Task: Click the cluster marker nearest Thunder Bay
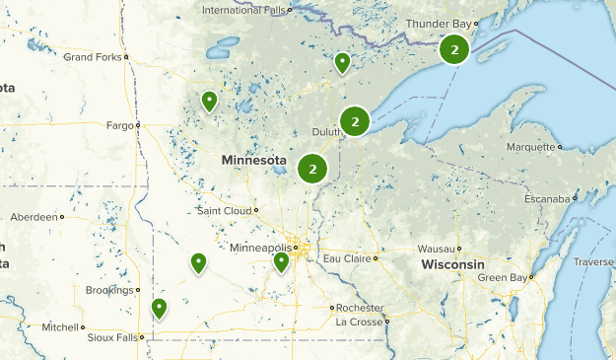click(453, 49)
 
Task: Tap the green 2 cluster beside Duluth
click(355, 121)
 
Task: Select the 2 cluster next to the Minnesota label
click(312, 169)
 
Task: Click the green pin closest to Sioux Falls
click(159, 309)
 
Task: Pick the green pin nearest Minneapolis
click(281, 261)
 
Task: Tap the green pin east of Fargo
click(209, 101)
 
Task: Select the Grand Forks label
click(92, 57)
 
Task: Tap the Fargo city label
click(119, 125)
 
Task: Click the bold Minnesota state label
click(253, 160)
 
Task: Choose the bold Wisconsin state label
click(452, 266)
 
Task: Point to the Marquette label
click(531, 147)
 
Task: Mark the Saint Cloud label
click(224, 210)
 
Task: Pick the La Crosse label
click(359, 322)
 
